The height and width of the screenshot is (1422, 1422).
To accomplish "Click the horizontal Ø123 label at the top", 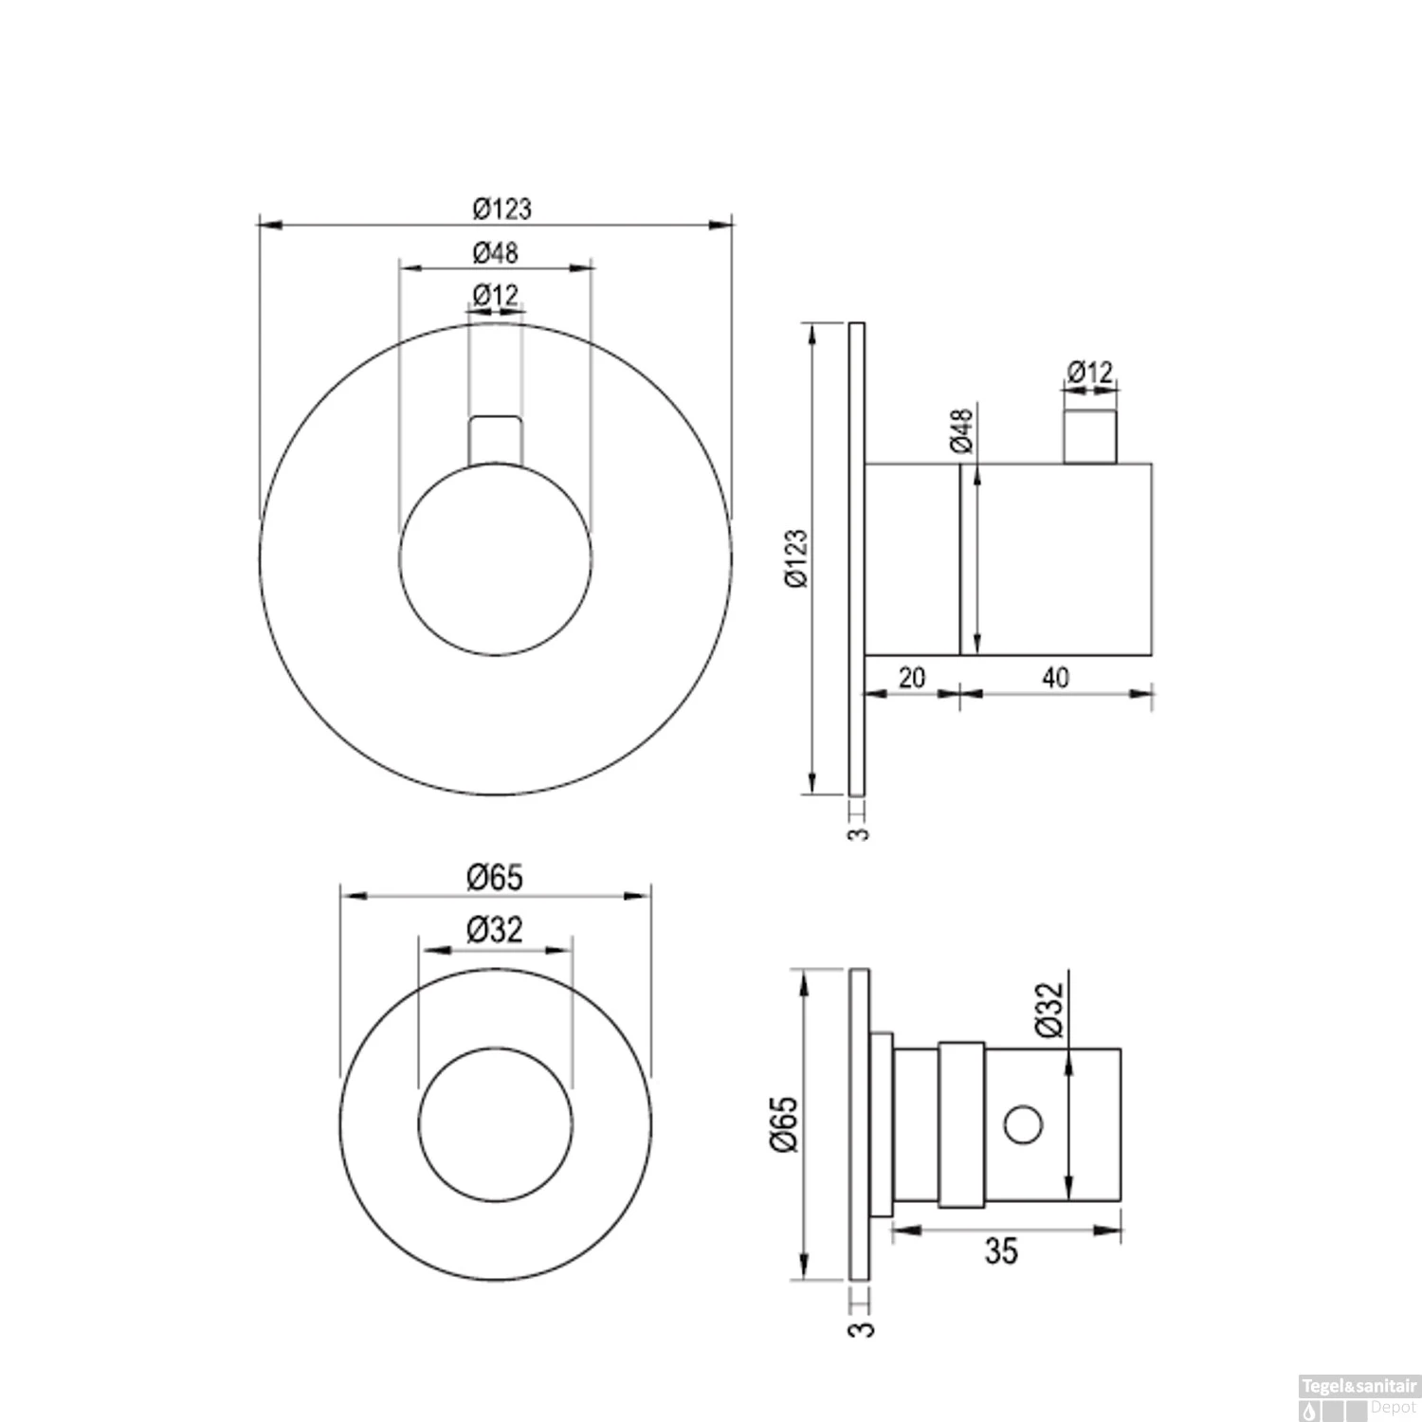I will click(501, 207).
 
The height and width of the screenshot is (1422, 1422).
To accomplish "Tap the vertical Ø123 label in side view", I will click(796, 559).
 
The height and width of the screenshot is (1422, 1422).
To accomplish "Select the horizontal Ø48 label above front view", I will click(496, 252).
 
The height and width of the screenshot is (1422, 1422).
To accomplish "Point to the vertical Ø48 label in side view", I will click(960, 430).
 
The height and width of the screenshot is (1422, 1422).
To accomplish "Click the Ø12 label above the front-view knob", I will click(496, 296).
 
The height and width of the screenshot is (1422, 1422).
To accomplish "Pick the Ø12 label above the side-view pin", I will click(1089, 372).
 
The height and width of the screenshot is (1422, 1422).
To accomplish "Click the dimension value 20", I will click(911, 678).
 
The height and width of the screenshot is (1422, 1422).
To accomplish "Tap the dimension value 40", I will click(1054, 678).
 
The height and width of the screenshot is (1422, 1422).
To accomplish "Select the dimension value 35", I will click(1001, 1251).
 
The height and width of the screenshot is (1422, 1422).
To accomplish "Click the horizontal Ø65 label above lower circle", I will click(495, 877).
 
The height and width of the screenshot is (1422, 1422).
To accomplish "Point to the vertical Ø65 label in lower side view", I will click(786, 1124).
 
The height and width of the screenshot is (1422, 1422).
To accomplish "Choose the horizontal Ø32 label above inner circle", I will click(495, 930).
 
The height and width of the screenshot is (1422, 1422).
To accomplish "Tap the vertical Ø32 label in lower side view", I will click(1049, 1011).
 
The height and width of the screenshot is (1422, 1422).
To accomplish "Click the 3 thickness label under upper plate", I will click(858, 833).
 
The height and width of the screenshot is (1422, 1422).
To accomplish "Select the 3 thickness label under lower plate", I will click(863, 1329).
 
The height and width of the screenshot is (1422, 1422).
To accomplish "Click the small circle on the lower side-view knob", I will click(1023, 1125).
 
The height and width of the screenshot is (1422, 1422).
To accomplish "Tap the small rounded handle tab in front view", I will click(496, 439).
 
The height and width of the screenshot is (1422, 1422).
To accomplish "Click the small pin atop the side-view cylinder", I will click(1089, 436).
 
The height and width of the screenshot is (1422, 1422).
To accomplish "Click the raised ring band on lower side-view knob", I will click(962, 1125).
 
